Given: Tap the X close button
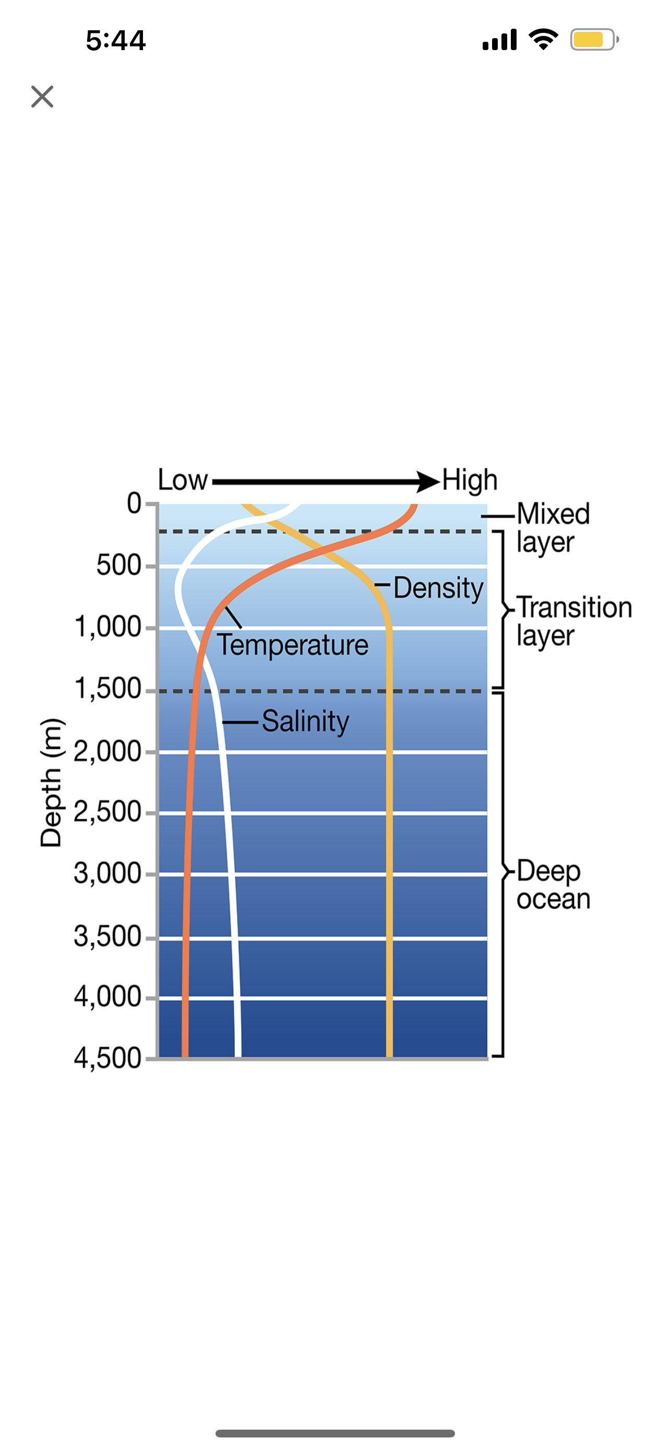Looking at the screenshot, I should pyautogui.click(x=42, y=96).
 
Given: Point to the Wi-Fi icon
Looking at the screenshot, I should pyautogui.click(x=543, y=39).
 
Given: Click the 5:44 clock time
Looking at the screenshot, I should pyautogui.click(x=116, y=41).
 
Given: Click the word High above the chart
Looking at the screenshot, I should pyautogui.click(x=470, y=480).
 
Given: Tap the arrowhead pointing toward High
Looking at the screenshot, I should pyautogui.click(x=427, y=482).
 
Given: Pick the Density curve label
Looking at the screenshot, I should pyautogui.click(x=438, y=588).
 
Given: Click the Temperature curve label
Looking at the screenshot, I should pyautogui.click(x=293, y=645).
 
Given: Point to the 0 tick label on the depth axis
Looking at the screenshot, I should pyautogui.click(x=134, y=503).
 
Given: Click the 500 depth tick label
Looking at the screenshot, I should pyautogui.click(x=118, y=565).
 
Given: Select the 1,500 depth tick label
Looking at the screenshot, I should pyautogui.click(x=108, y=689).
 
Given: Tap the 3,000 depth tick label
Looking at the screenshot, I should pyautogui.click(x=108, y=874).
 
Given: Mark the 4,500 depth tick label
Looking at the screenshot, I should pyautogui.click(x=108, y=1058).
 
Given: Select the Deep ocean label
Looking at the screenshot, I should pyautogui.click(x=553, y=885).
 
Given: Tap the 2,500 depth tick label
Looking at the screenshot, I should pyautogui.click(x=108, y=812).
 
